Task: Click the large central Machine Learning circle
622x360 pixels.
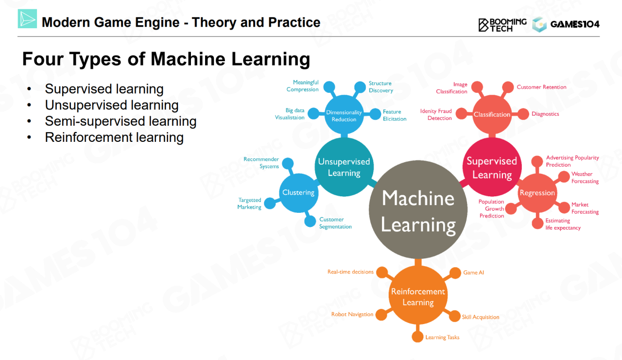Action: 418,211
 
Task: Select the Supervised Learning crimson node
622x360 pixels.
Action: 492,168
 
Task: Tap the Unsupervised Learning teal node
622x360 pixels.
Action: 344,167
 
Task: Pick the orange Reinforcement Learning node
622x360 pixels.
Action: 418,296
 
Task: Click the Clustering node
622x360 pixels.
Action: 298,192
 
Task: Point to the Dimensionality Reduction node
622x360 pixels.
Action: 344,116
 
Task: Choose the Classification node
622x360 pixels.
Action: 492,115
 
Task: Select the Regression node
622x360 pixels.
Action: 537,193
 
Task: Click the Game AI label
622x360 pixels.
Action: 473,273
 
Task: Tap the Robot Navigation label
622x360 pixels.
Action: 352,314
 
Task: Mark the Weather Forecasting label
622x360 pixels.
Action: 585,177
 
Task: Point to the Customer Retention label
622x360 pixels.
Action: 541,87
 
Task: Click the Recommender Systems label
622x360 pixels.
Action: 261,163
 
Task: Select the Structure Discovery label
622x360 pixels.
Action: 380,87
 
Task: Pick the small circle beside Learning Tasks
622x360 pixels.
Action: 417,337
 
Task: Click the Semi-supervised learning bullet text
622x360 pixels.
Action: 121,121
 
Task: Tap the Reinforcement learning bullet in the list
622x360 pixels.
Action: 114,137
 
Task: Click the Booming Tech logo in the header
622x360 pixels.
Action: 502,24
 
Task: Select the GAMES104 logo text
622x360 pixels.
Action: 575,24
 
